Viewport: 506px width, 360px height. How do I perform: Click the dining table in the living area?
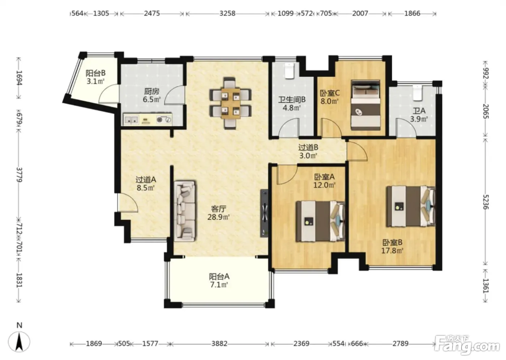coord(231,103)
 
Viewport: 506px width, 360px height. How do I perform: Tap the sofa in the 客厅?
coord(185,211)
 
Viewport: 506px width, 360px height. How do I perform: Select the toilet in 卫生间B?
coord(290,71)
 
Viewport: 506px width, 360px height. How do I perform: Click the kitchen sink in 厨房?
coord(132,120)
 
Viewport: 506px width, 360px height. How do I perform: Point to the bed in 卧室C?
coord(365,105)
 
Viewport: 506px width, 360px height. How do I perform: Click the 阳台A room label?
coord(219,276)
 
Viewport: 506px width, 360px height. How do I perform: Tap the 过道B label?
coord(308,147)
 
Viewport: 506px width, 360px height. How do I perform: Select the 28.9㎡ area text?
coord(218,217)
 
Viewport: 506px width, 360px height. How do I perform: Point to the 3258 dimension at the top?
coord(227,13)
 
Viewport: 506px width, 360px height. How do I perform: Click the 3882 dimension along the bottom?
coord(219,343)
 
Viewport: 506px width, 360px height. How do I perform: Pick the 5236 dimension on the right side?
coord(485,202)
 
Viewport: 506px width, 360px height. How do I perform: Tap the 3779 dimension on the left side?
coord(19,175)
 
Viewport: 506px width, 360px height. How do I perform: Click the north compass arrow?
coord(19,342)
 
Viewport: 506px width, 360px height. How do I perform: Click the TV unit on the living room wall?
coord(264,213)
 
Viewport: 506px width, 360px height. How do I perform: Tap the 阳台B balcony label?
coord(95,73)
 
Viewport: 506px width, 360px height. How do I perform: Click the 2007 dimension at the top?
coord(360,13)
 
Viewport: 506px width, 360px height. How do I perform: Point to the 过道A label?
coord(146,180)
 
